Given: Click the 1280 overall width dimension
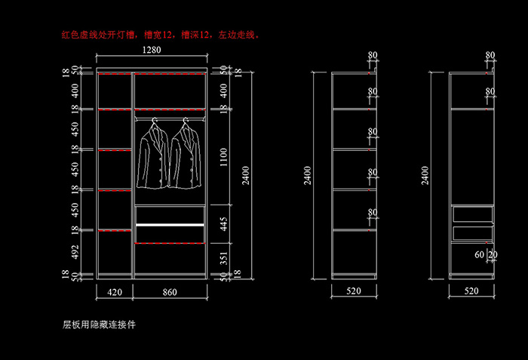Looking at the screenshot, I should pos(152,51).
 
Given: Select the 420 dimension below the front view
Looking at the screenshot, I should pos(115,291).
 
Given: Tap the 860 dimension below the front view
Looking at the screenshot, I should pos(170,291).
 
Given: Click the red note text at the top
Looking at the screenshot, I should pos(161,35).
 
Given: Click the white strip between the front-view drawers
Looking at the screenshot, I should pos(170,225).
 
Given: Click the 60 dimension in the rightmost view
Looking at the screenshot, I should pos(480,255).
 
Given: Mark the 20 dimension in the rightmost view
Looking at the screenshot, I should pos(493,255).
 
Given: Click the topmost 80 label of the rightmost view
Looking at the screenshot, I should pos(490,55).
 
